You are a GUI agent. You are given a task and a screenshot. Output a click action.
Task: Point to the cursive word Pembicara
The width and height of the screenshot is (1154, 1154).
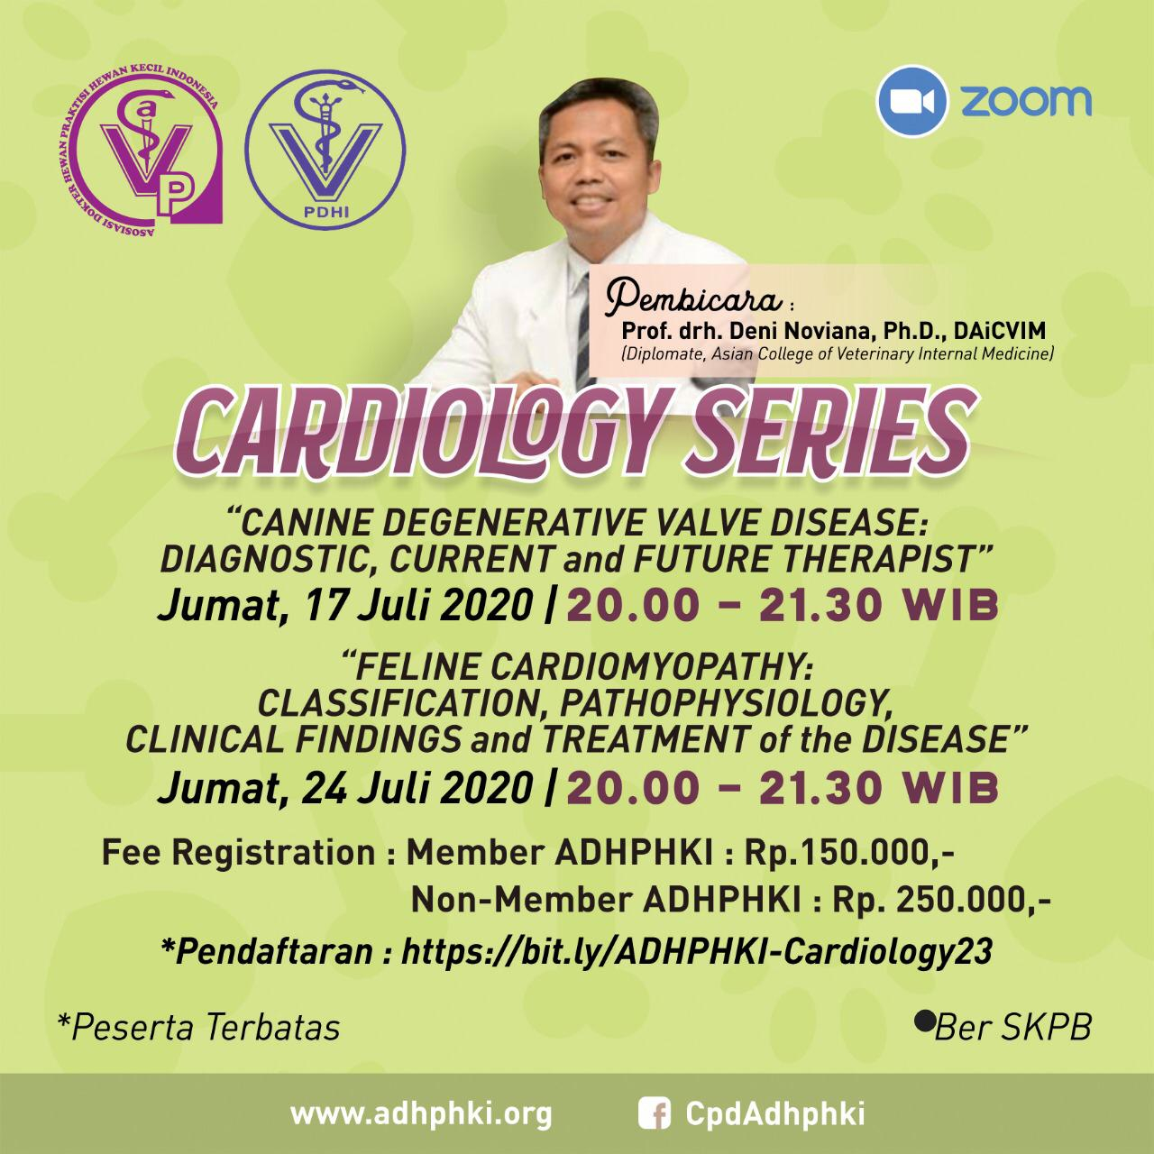coord(693,299)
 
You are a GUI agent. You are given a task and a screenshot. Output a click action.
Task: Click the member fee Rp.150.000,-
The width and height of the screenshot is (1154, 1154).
coord(848,854)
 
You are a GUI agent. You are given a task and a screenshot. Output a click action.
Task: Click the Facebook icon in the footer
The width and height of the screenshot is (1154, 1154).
coord(654,1113)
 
